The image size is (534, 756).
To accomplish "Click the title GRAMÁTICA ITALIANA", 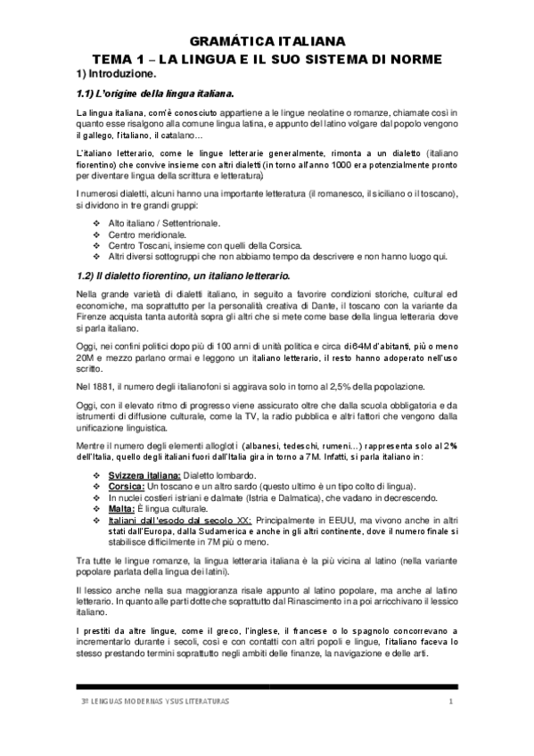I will point(267,41).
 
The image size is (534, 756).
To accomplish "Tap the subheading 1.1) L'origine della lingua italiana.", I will point(155,94).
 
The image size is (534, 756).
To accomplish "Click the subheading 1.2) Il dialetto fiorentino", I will point(182,276).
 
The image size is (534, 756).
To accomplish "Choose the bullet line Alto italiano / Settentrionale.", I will point(164,223).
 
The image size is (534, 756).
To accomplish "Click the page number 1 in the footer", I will point(451,703).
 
